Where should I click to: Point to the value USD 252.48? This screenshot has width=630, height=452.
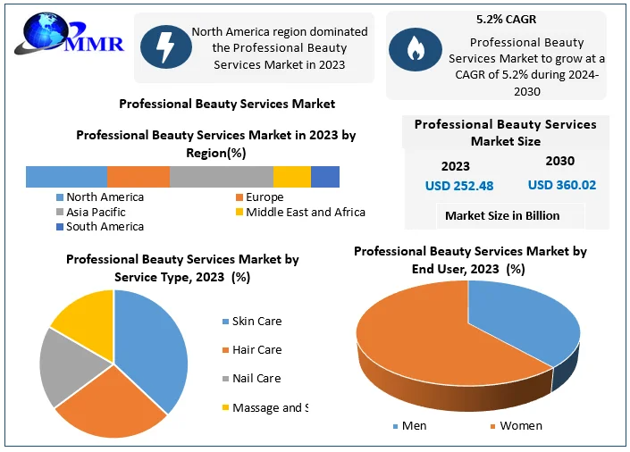pyautogui.click(x=458, y=186)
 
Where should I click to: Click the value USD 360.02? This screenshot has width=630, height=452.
pyautogui.click(x=561, y=185)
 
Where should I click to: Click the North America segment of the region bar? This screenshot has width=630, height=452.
pyautogui.click(x=66, y=177)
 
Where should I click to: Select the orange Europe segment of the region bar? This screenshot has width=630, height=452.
pyautogui.click(x=138, y=177)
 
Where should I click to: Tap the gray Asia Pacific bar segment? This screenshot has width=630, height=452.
pyautogui.click(x=221, y=177)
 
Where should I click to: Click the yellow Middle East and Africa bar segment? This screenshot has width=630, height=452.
pyautogui.click(x=291, y=177)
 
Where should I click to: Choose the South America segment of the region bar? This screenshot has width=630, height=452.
pyautogui.click(x=324, y=177)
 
